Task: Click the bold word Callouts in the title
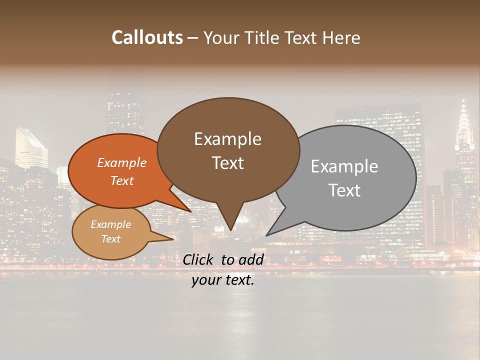[147, 37]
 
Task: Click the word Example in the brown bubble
[227, 138]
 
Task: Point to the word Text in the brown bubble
[227, 162]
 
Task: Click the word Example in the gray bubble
[344, 166]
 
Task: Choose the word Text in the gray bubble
[344, 190]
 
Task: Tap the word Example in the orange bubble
[121, 162]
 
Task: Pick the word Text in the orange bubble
[121, 180]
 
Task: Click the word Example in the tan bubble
[110, 224]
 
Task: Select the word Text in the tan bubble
[110, 239]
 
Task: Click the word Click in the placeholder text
[199, 259]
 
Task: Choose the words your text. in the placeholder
[223, 280]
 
